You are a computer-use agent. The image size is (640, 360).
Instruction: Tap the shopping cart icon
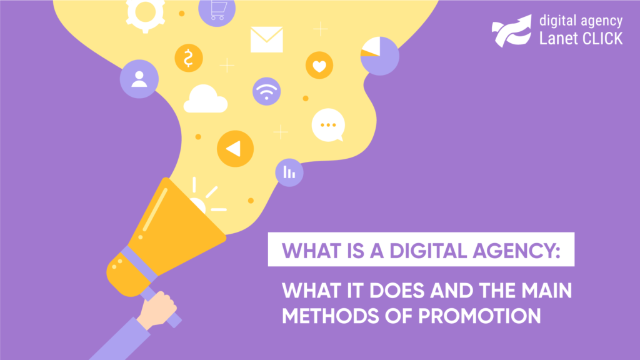tap(217, 11)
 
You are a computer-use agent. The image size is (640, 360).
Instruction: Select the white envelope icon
tap(266, 39)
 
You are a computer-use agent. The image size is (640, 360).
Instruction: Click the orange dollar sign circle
tap(189, 58)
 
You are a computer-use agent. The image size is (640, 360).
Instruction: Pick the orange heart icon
tap(319, 65)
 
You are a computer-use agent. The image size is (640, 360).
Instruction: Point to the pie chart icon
tap(379, 56)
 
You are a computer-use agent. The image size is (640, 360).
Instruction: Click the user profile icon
tap(139, 79)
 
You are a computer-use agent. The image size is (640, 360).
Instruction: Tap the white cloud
tap(205, 99)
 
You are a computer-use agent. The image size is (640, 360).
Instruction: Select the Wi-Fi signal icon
tap(266, 91)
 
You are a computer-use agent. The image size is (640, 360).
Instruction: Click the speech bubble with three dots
tap(329, 125)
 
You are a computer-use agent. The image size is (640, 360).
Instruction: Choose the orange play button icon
tap(235, 149)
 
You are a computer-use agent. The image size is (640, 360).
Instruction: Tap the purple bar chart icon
tap(289, 172)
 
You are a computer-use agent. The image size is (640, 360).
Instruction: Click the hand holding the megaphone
tap(157, 310)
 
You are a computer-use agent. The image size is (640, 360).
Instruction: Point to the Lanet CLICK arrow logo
tap(512, 31)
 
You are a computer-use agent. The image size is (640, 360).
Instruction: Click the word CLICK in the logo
tap(602, 39)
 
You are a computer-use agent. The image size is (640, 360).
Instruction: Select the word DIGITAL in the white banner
tap(428, 251)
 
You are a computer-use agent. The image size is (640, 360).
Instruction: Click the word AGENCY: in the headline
tap(516, 251)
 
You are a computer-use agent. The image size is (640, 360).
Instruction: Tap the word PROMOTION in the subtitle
tap(479, 316)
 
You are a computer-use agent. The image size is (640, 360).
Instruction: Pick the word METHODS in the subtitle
tap(325, 316)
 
